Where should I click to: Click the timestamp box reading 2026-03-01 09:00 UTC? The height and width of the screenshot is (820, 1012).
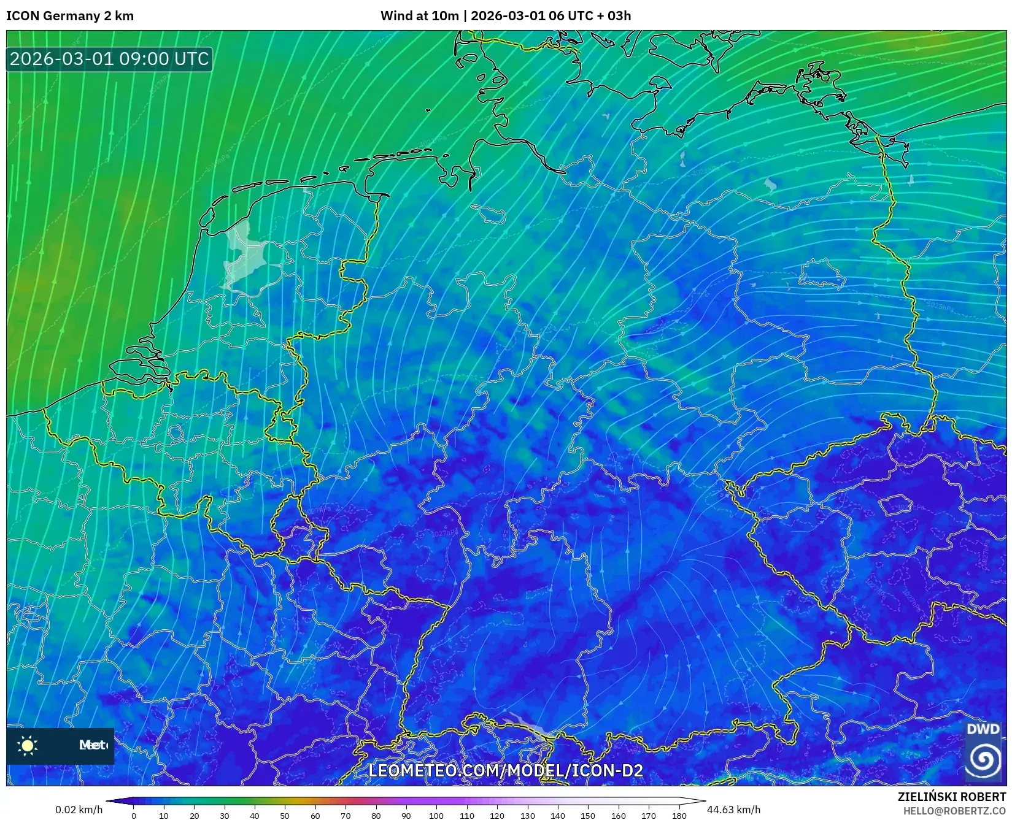109,59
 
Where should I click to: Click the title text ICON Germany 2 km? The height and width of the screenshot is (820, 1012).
70,16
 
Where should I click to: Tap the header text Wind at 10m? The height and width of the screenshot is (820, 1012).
419,16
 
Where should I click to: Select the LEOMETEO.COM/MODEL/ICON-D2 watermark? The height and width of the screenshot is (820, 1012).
506,770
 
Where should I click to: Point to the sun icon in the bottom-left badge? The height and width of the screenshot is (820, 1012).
28,745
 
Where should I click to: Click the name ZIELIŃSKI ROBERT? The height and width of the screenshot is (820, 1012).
952,797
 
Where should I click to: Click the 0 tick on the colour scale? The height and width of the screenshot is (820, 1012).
134,815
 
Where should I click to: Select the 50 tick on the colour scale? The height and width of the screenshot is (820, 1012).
285,815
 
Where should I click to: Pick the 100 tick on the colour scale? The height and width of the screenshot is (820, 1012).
436,815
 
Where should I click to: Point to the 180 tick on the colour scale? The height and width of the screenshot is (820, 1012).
679,815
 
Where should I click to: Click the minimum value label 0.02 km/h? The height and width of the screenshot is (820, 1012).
79,810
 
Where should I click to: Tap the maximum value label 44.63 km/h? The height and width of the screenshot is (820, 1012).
734,810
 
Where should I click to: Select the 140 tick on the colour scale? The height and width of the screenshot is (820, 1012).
557,815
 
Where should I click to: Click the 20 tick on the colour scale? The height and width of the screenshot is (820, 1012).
194,815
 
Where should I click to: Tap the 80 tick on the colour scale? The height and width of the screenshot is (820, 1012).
376,815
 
